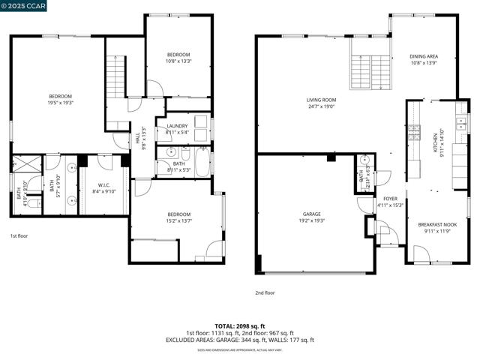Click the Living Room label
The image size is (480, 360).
(321, 103)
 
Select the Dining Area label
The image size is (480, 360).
(424, 59)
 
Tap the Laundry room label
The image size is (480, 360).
(177, 129)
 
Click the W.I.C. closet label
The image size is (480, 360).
(104, 187)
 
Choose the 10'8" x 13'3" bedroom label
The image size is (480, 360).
(178, 58)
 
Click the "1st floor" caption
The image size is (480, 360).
(19, 236)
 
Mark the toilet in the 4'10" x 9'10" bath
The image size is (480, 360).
(31, 202)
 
